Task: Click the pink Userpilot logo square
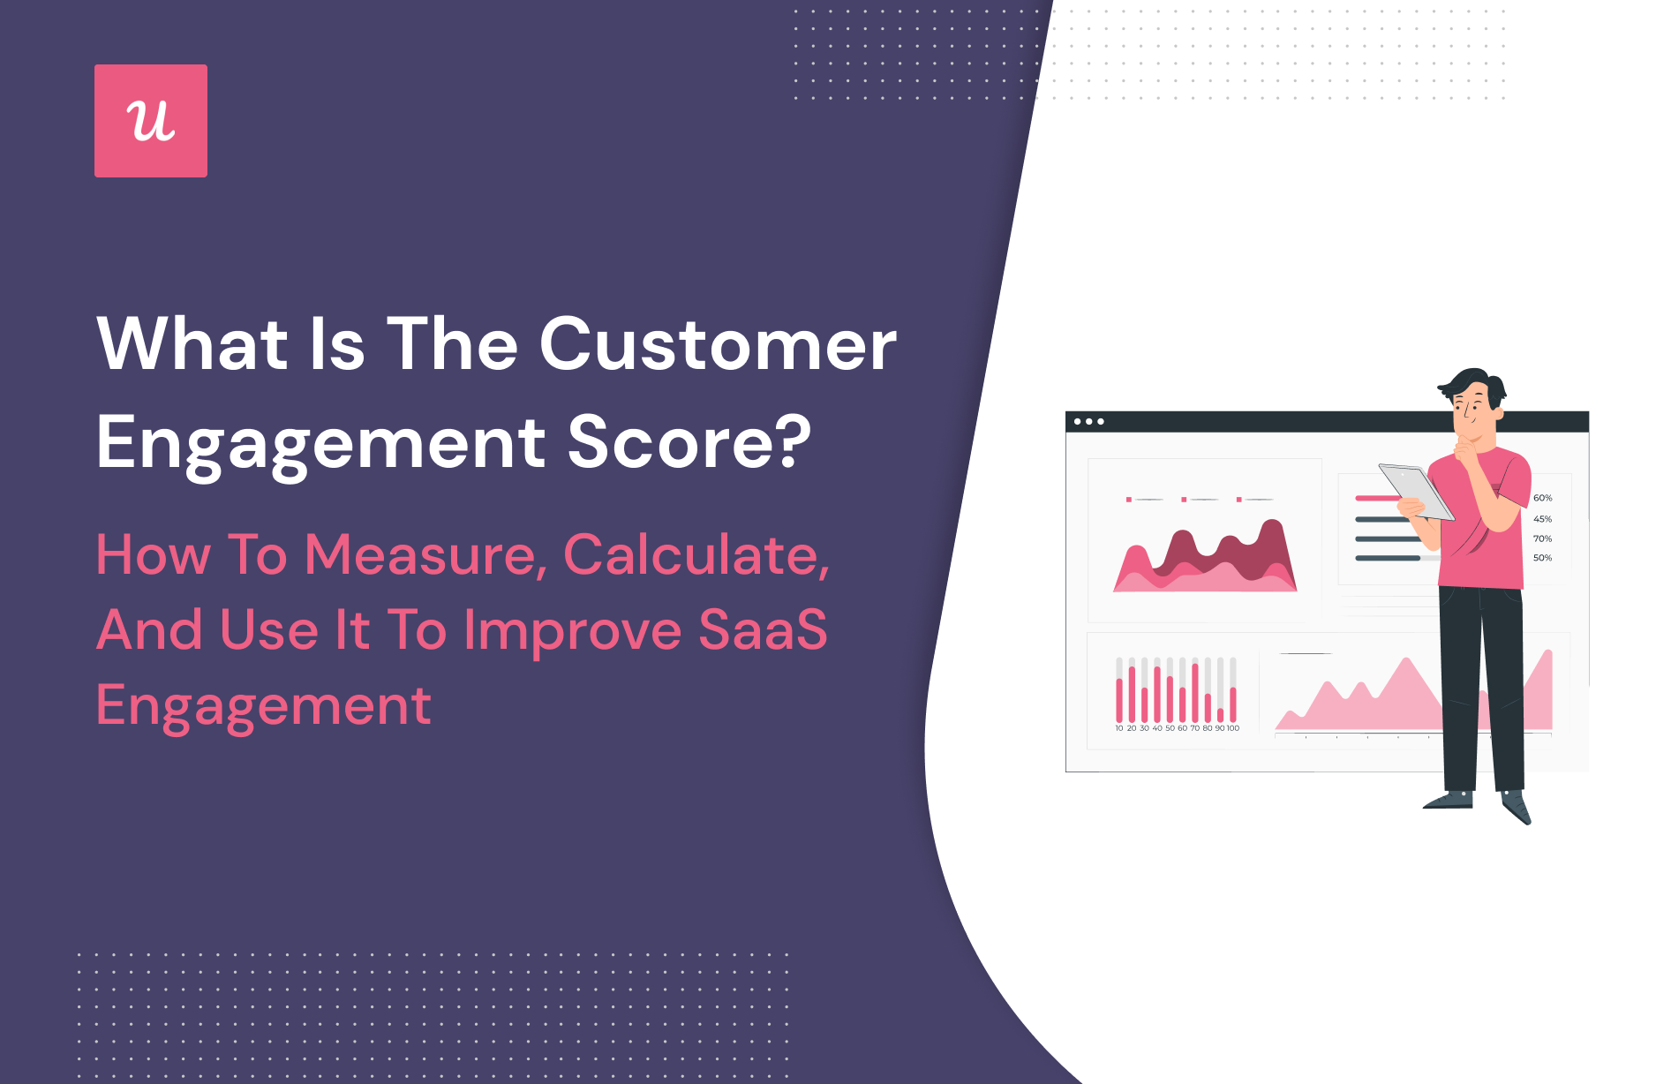151,121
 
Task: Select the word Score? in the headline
689,441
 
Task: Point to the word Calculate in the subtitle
691,554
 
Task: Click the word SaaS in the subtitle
764,629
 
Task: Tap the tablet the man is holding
1416,491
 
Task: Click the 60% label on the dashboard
1542,498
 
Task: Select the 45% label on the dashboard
1542,519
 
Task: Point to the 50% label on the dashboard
1542,558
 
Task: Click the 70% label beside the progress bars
1542,538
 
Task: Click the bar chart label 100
1233,728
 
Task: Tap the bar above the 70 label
1195,692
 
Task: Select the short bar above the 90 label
1221,715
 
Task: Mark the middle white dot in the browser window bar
1089,422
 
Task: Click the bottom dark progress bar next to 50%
1388,558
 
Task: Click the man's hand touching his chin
1465,451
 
